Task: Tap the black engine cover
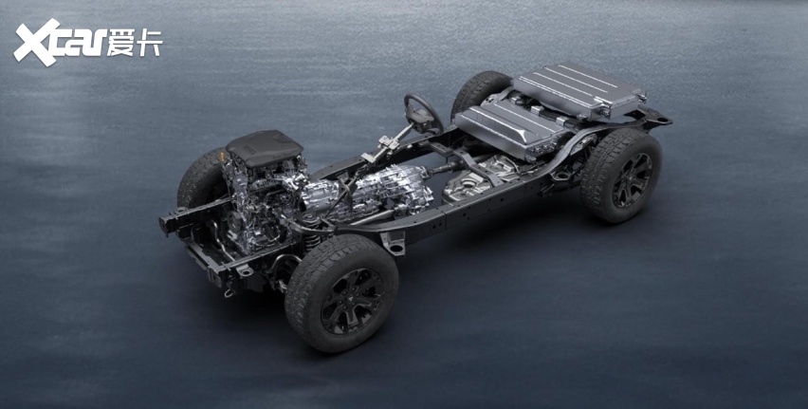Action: [x=264, y=147]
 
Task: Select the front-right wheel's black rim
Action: [x=353, y=301]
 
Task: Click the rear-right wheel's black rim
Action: [x=634, y=180]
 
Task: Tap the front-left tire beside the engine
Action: [x=200, y=178]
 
